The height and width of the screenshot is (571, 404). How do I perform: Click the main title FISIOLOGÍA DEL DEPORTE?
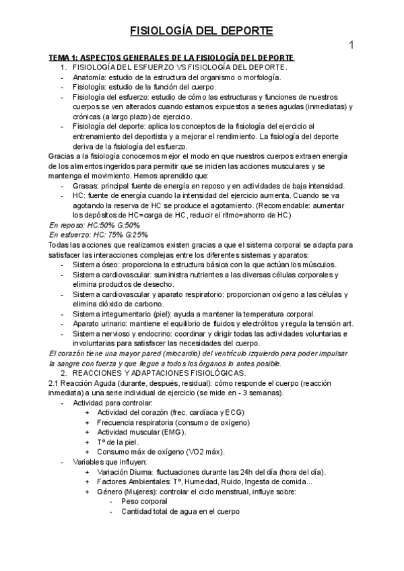201,31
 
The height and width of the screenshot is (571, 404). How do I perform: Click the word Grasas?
86,186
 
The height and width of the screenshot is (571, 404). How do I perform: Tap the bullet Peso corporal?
144,501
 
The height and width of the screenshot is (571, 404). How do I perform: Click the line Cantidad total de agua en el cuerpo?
180,511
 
